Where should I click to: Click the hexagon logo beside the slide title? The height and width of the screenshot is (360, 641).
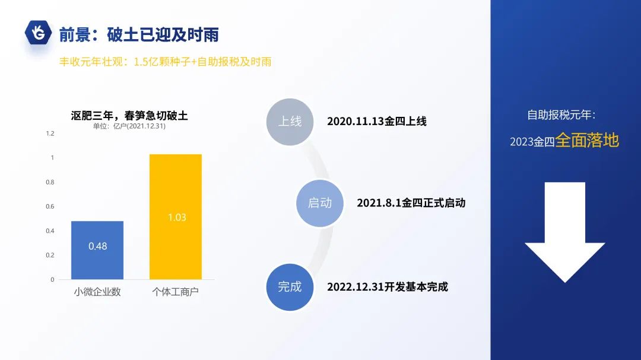[39, 33]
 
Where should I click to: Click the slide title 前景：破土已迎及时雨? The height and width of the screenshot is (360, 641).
[139, 34]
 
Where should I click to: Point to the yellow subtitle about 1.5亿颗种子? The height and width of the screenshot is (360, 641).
[165, 62]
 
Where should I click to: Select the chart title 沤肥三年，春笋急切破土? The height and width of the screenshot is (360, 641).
[129, 115]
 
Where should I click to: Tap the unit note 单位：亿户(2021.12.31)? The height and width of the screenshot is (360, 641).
[129, 126]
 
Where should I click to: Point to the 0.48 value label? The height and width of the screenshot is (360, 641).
[97, 246]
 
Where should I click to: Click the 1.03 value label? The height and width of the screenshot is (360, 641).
[176, 218]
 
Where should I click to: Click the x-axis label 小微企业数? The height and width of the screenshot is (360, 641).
[97, 292]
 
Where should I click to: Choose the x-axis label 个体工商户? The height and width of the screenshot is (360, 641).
[176, 292]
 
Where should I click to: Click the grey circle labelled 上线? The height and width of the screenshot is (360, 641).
[290, 122]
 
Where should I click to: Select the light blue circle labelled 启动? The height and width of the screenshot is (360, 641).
[320, 203]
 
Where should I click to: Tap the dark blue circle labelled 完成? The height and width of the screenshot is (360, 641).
[290, 287]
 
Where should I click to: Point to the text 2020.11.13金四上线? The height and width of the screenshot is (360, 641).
[377, 122]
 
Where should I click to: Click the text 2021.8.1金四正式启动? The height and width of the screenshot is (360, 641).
[411, 203]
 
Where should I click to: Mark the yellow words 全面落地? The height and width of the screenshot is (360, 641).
[587, 141]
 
